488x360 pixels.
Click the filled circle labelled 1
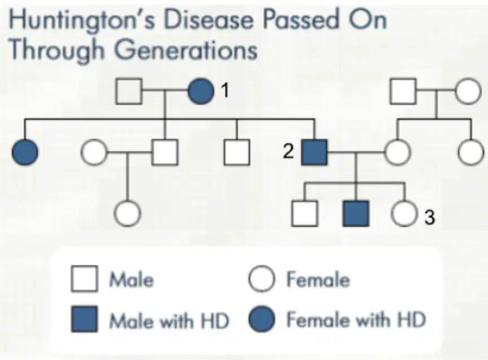tap(201, 91)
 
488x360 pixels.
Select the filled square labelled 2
tap(315, 152)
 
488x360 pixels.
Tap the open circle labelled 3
tap(404, 213)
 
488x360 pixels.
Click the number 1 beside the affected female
tap(225, 90)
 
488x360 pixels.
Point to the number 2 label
tap(288, 151)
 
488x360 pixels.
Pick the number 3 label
tap(429, 217)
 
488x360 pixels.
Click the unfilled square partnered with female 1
tap(129, 91)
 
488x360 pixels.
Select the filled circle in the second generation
tap(25, 152)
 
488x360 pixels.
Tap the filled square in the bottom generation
tap(356, 213)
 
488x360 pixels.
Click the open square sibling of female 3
tap(304, 213)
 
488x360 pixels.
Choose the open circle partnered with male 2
tap(398, 152)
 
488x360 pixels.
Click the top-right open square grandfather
tap(403, 91)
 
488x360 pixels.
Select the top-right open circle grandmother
tap(468, 91)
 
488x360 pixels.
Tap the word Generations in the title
tap(186, 50)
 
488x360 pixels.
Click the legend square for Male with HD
tap(84, 319)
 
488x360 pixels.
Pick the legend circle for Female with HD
tap(262, 319)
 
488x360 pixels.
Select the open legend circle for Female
tap(262, 279)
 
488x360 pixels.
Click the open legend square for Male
tap(84, 279)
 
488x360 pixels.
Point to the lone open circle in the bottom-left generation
tap(127, 214)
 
